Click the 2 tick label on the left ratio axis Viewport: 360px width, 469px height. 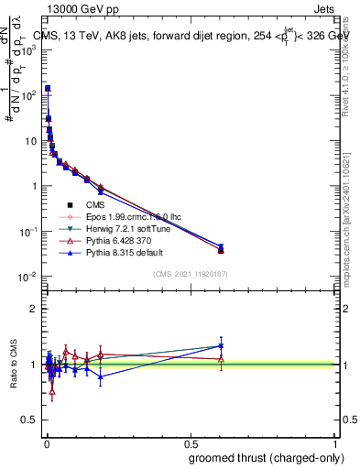click(x=34, y=309)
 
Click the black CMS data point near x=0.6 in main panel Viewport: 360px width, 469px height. click(x=221, y=249)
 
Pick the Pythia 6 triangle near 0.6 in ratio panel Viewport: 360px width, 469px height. click(x=221, y=358)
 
